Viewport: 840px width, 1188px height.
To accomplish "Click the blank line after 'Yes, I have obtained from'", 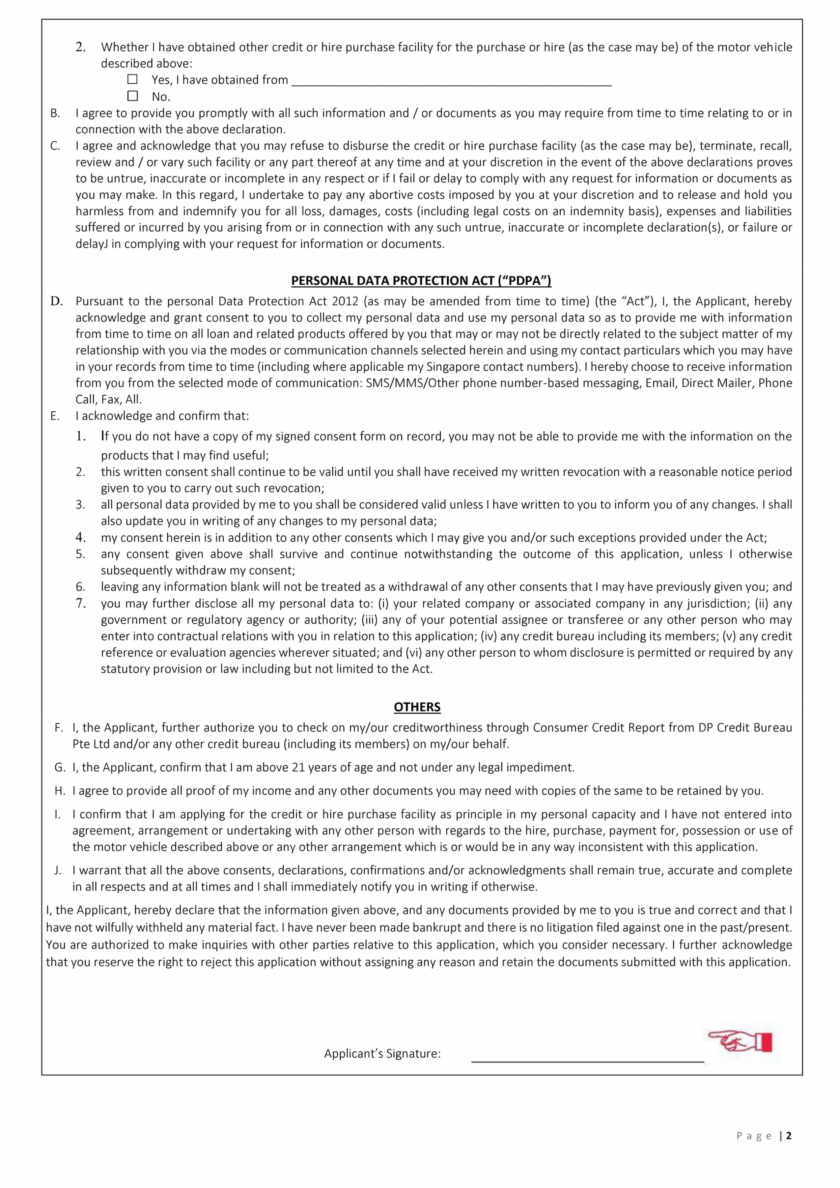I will click(452, 81).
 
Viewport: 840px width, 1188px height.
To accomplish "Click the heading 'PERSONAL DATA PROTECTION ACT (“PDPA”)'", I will click(421, 280).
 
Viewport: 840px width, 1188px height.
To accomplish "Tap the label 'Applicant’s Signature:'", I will click(382, 1054).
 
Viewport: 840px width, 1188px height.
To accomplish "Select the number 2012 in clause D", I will click(345, 301).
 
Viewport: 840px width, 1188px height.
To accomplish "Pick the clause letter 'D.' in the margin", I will click(56, 301).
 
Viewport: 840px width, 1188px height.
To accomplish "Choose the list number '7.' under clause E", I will click(81, 603).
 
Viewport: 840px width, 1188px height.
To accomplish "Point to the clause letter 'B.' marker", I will click(55, 113).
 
